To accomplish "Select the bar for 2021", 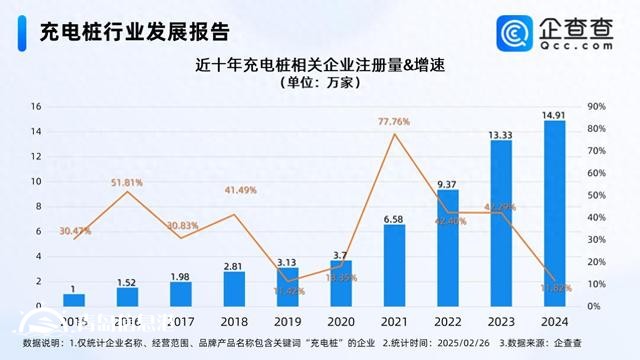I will tap(394, 265).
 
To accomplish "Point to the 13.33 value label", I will tap(501, 133).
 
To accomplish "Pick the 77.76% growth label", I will tap(394, 121).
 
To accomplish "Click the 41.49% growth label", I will tap(233, 191).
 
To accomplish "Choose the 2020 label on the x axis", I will tap(340, 323).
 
